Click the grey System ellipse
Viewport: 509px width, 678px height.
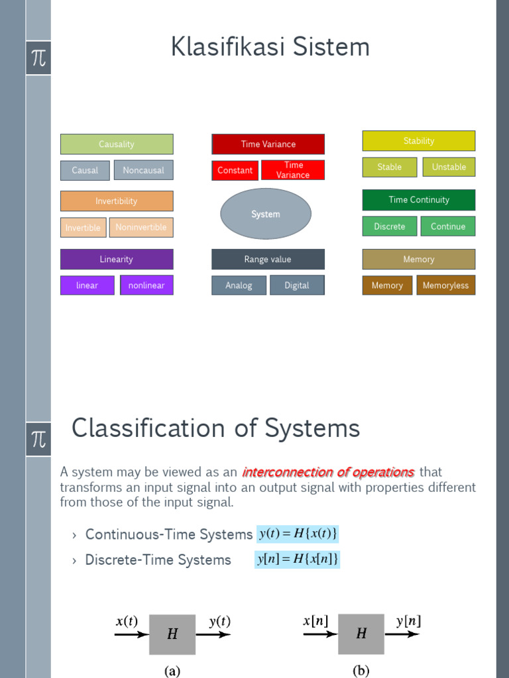[265, 214]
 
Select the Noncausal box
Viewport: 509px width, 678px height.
[143, 170]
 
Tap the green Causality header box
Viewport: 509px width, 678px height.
[117, 144]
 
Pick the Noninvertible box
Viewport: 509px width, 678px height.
[141, 227]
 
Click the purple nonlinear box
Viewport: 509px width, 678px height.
[146, 285]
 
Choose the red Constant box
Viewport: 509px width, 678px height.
[235, 170]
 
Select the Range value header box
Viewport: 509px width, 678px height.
[268, 259]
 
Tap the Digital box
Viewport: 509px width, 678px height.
[297, 285]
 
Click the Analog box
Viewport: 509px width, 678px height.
[239, 285]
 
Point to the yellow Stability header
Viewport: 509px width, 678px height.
[419, 140]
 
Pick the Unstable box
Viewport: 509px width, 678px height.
[449, 167]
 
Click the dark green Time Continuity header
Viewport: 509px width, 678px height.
[419, 200]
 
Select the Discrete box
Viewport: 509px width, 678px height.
[390, 226]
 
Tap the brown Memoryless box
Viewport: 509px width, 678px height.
[445, 285]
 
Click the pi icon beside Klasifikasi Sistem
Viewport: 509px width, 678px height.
[38, 58]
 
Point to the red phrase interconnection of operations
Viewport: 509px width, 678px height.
[328, 472]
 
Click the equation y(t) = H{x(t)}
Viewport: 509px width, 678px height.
[298, 534]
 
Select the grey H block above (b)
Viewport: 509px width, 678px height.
[361, 634]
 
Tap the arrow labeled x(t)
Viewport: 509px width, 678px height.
[131, 634]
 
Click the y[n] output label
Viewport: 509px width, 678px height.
[408, 621]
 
